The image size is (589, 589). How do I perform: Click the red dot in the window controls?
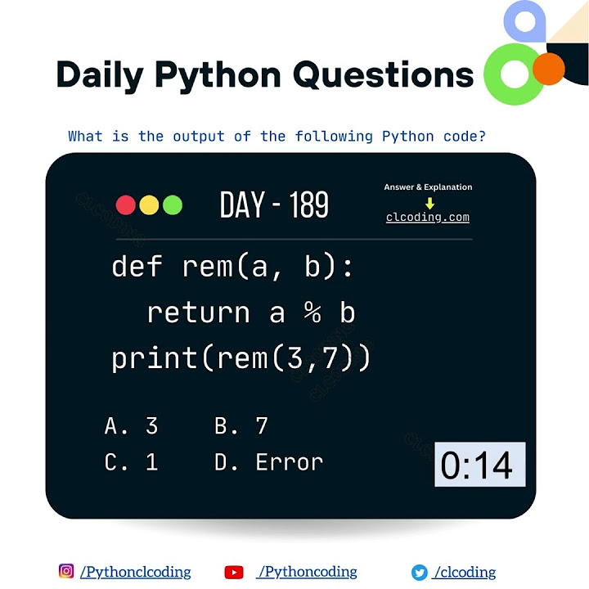(x=126, y=205)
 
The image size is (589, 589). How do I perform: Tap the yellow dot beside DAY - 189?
(x=149, y=205)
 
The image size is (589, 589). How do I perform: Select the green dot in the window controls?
(x=172, y=205)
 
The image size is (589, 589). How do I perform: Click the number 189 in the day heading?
(x=306, y=205)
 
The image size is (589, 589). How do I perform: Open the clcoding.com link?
(x=428, y=218)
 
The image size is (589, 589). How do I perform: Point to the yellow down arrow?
(x=429, y=204)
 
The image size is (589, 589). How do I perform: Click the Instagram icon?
(x=66, y=571)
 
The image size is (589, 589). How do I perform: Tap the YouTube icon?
(x=234, y=572)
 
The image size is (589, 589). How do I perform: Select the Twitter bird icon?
(x=420, y=572)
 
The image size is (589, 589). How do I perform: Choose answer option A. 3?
(x=131, y=425)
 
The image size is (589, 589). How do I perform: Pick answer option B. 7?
(x=241, y=425)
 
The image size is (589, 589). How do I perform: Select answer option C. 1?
(x=131, y=462)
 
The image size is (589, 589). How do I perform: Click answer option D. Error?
(x=269, y=462)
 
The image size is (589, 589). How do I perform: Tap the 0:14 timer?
(x=479, y=465)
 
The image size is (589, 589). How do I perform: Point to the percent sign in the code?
(x=312, y=313)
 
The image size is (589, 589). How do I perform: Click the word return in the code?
(x=199, y=313)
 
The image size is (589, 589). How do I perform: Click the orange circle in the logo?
(x=549, y=70)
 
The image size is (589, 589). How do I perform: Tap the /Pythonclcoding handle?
(x=136, y=572)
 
